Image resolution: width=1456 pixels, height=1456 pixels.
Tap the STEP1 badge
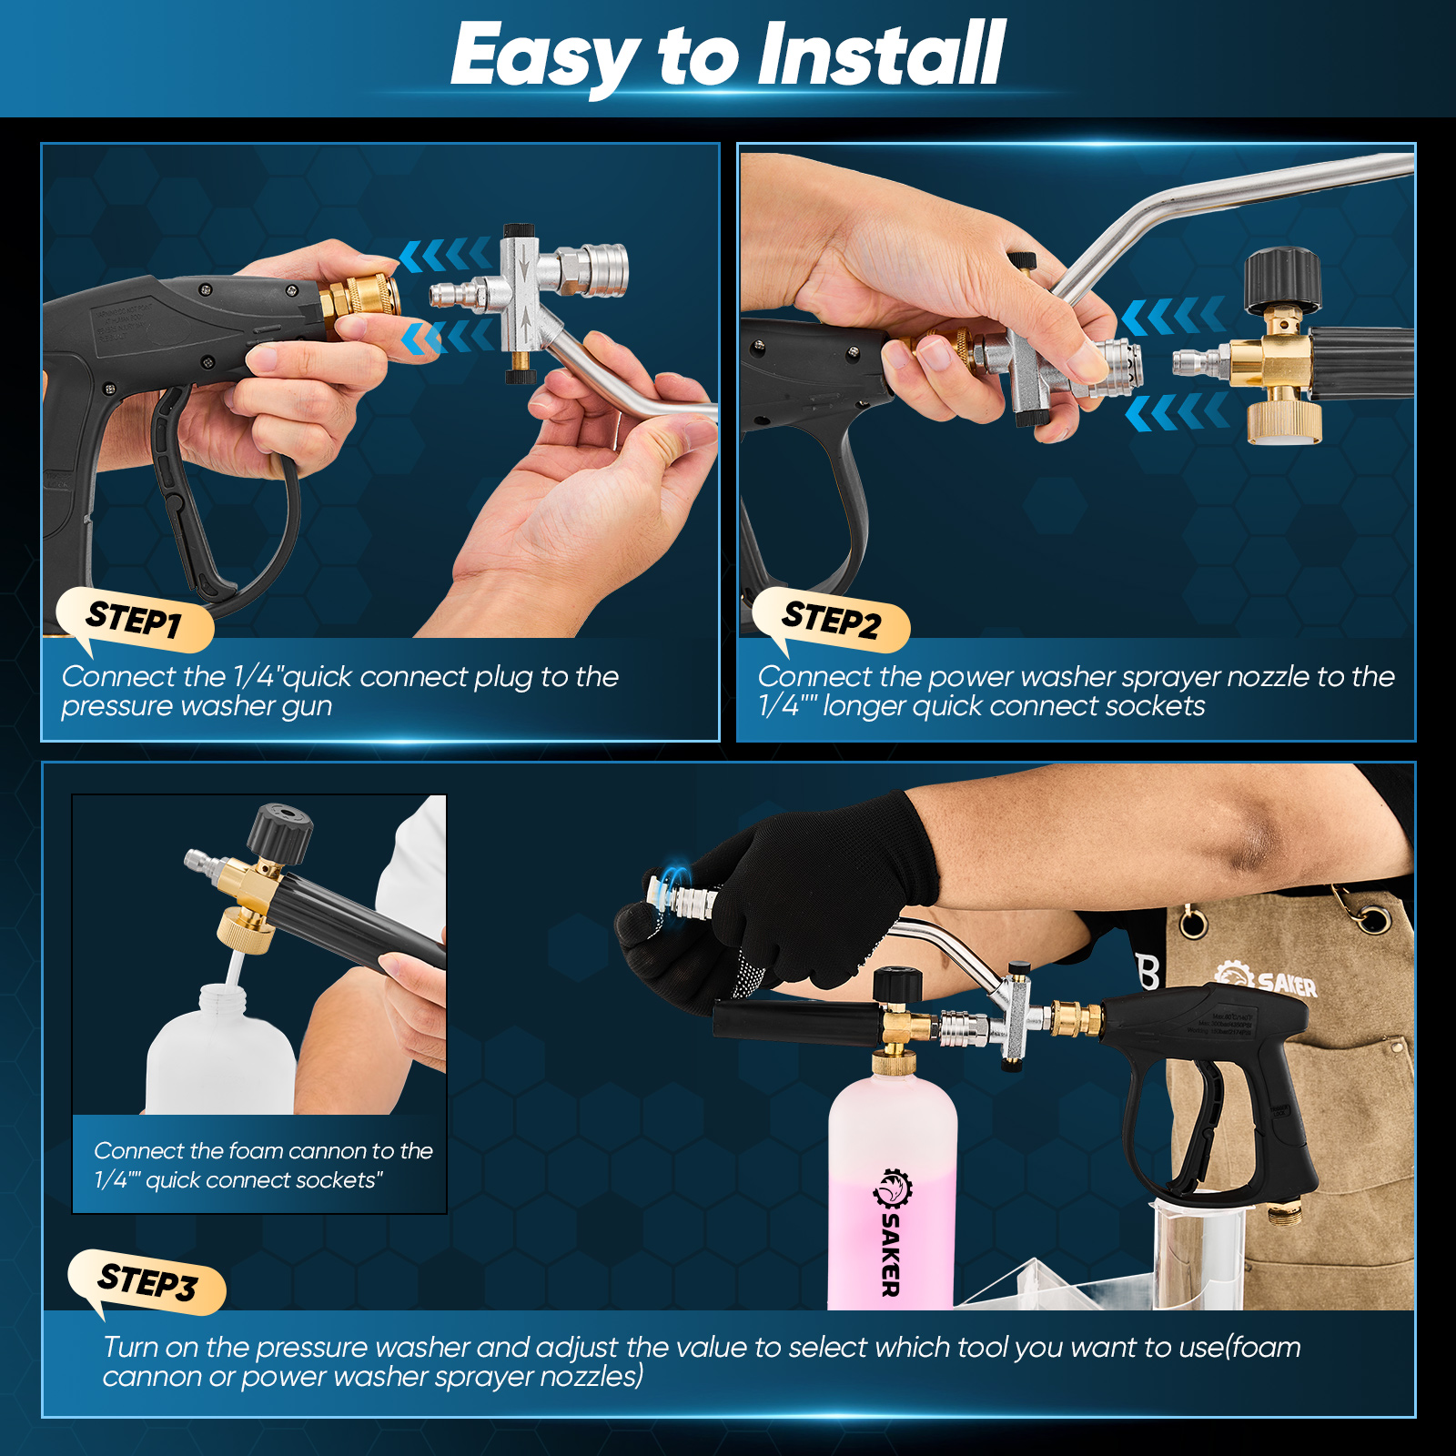[135, 621]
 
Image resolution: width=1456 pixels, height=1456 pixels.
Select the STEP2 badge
[831, 621]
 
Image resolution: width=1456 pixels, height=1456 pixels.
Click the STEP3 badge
[147, 1282]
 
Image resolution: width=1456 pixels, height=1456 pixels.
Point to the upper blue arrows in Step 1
[445, 255]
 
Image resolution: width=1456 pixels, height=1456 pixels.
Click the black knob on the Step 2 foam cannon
[1281, 278]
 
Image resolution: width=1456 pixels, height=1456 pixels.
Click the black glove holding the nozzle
[801, 901]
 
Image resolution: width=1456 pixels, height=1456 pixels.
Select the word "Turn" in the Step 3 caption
[132, 1347]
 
